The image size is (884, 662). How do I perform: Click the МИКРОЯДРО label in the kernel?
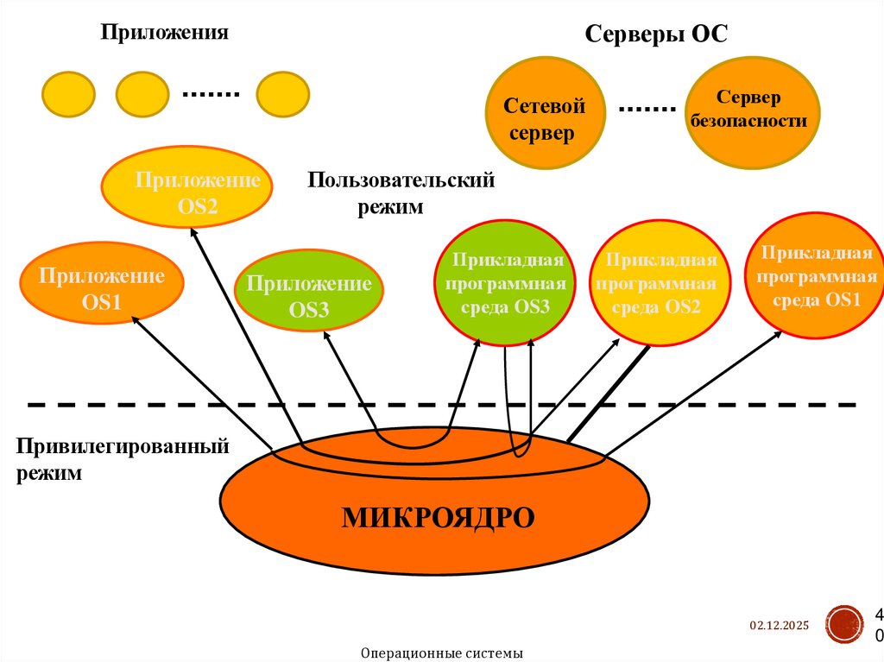pos(438,516)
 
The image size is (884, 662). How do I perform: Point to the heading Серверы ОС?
pos(656,35)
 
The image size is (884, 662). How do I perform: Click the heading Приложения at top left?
pos(164,33)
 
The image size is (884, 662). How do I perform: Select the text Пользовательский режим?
pos(400,193)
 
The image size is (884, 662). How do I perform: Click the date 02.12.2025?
pos(779,626)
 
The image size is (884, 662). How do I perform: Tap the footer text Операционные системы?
pos(442,653)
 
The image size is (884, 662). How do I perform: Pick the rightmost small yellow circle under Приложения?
pos(282,94)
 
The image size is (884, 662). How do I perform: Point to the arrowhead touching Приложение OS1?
pos(135,318)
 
